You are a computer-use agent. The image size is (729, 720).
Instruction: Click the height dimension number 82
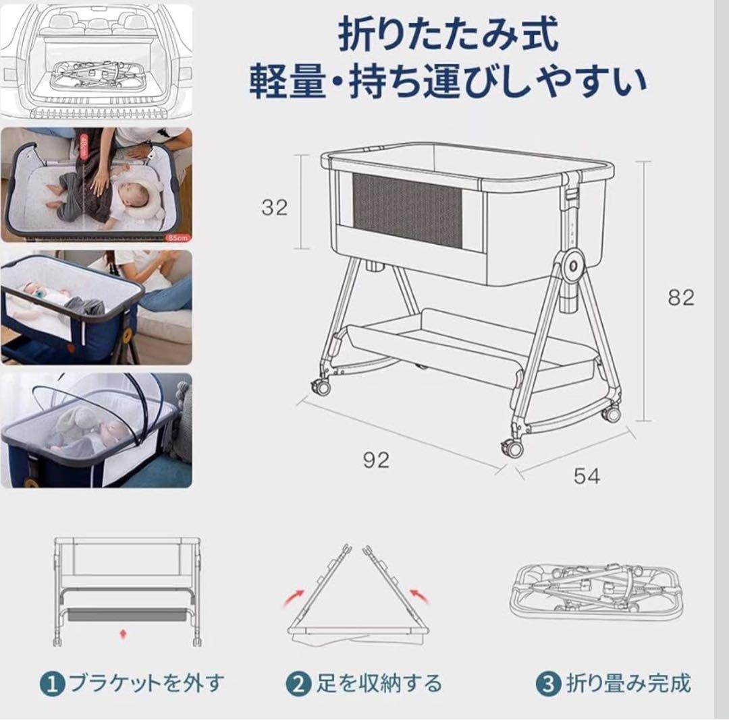(x=680, y=297)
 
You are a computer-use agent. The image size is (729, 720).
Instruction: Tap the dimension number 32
(x=275, y=207)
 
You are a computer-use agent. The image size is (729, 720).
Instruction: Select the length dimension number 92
(x=375, y=460)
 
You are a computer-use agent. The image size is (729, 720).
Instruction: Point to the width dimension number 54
(x=586, y=476)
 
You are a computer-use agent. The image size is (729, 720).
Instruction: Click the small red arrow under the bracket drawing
(x=122, y=634)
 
